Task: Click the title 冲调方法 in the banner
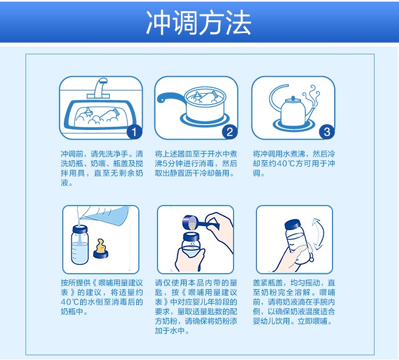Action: pos(199,23)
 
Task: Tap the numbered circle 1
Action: pos(134,132)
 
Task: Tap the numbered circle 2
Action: pos(229,132)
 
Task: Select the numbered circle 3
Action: pos(327,132)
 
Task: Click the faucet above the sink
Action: pos(99,88)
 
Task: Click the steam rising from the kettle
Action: pos(311,97)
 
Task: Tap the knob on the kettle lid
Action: pos(293,98)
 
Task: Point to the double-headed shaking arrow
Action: pos(318,234)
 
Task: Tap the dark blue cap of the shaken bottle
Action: pos(294,224)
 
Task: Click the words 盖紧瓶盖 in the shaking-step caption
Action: pos(268,283)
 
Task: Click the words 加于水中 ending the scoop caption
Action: pos(170,331)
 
